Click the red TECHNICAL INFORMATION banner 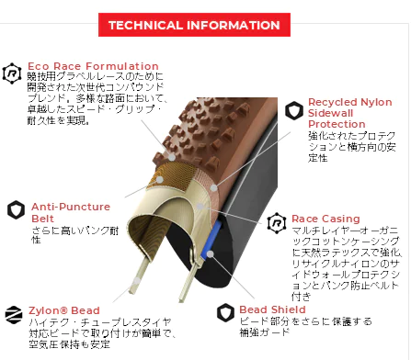tap(194, 25)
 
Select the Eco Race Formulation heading tap(93, 66)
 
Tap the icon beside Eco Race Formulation tap(12, 73)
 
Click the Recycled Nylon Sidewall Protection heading tap(350, 113)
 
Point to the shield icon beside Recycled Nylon tap(294, 110)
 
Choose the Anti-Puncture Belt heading tap(71, 212)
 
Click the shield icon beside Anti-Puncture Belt tap(16, 210)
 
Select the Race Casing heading tap(325, 219)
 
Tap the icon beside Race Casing tap(277, 223)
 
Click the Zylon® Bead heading tap(64, 310)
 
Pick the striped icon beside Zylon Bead tap(14, 314)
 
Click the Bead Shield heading tap(272, 309)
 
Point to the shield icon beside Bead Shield tap(225, 312)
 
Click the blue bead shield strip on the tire tap(211, 240)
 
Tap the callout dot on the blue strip tap(210, 253)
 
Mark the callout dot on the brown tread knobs tap(173, 158)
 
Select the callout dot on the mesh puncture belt tap(160, 179)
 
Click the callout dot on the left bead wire tap(137, 280)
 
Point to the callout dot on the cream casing tap(200, 207)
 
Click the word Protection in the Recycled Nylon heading tap(337, 124)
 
